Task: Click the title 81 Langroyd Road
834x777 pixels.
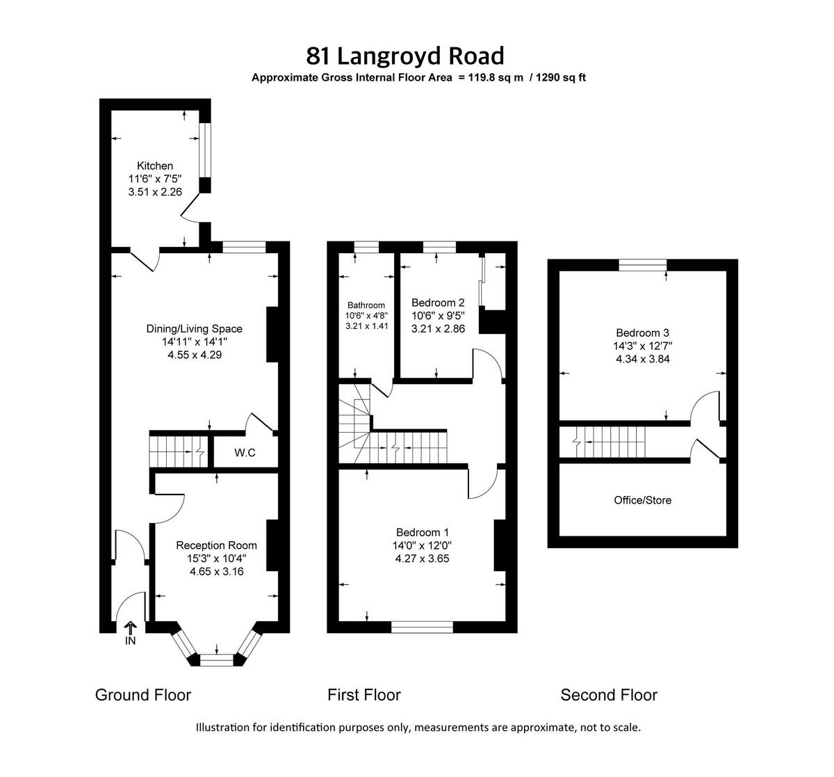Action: (x=405, y=55)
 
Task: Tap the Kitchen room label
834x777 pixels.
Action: (x=155, y=166)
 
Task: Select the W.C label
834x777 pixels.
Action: (x=245, y=453)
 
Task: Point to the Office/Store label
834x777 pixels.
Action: (x=643, y=500)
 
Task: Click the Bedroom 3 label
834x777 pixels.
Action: (x=642, y=333)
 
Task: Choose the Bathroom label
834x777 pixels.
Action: (x=366, y=305)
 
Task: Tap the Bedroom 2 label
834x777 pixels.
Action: (x=438, y=303)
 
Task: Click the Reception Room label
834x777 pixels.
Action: (x=216, y=545)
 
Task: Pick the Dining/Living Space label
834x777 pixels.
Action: (x=194, y=329)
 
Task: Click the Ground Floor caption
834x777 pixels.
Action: (x=142, y=694)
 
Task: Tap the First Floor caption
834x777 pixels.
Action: (x=364, y=694)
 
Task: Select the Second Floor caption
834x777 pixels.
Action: (x=609, y=694)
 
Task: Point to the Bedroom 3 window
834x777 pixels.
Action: (x=643, y=264)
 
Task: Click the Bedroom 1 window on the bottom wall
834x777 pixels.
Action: (x=423, y=627)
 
